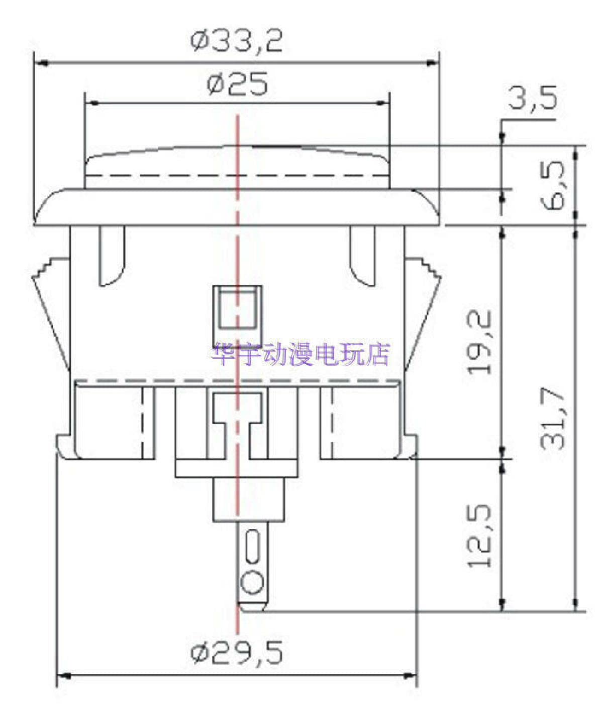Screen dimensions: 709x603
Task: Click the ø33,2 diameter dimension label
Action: pos(236,41)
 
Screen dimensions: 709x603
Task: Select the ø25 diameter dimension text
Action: pos(237,84)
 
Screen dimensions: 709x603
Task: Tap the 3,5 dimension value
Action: pos(532,98)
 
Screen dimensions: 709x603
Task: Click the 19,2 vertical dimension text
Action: pos(479,342)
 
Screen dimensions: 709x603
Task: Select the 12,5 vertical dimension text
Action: pos(479,535)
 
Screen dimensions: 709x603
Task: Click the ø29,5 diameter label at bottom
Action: pos(236,653)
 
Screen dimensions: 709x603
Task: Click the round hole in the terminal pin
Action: pos(251,584)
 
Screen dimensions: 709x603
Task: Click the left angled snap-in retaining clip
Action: pos(50,312)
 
